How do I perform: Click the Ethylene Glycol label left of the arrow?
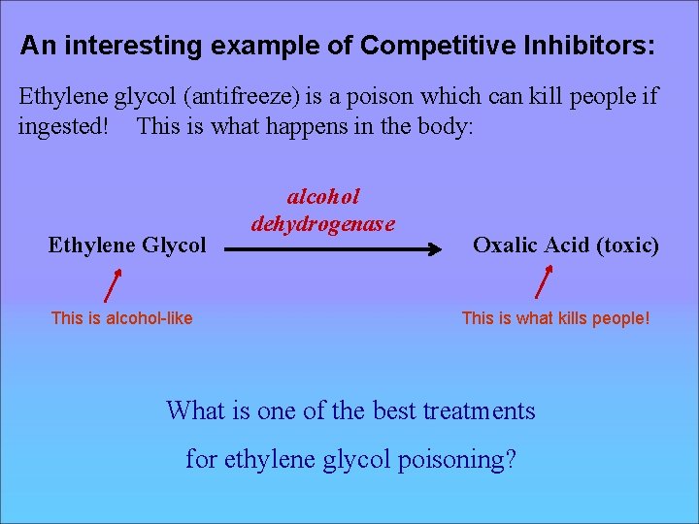pyautogui.click(x=127, y=246)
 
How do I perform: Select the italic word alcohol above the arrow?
pyautogui.click(x=323, y=197)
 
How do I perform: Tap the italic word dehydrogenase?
pyautogui.click(x=323, y=224)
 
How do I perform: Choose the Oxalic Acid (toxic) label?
pyautogui.click(x=565, y=246)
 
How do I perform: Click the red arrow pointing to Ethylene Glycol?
pyautogui.click(x=113, y=286)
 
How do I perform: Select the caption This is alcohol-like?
pyautogui.click(x=121, y=318)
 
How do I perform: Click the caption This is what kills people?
pyautogui.click(x=555, y=318)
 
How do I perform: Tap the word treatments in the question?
pyautogui.click(x=479, y=411)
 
